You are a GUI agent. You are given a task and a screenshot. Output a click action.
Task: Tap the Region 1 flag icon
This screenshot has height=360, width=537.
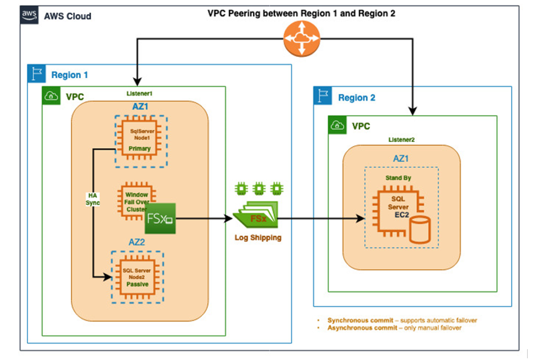(x=36, y=74)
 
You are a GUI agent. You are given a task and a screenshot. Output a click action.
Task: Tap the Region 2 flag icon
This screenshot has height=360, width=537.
(x=323, y=96)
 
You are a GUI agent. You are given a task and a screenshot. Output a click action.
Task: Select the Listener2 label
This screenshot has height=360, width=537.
(x=401, y=140)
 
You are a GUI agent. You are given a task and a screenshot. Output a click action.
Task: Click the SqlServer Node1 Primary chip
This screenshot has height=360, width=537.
(x=140, y=140)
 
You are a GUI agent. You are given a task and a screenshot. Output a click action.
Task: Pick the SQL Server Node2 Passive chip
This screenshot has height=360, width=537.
(x=137, y=277)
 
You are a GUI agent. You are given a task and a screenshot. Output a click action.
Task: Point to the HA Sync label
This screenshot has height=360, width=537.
(x=93, y=199)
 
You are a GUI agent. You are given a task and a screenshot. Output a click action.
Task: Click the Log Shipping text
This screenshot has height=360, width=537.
(x=258, y=238)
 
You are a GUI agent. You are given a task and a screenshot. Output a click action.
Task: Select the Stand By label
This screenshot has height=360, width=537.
(x=398, y=178)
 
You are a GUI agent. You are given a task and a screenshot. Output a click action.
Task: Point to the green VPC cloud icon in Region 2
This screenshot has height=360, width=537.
(x=338, y=126)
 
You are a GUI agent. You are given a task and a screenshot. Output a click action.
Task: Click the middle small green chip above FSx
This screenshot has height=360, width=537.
(x=259, y=188)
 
